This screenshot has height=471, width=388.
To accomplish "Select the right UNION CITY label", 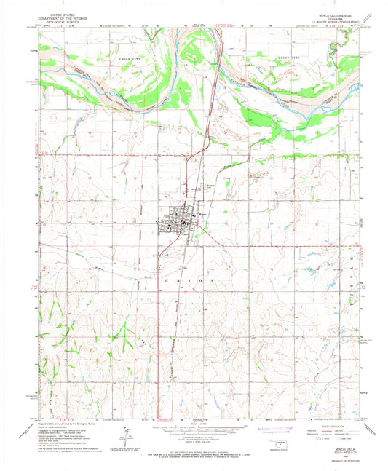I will click(288, 57).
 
